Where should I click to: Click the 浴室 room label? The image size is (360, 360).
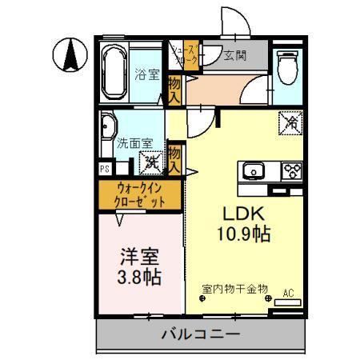(148, 75)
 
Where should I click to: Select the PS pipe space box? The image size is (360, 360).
(104, 169)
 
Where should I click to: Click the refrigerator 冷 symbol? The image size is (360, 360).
(289, 122)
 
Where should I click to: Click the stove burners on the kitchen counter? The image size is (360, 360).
(290, 171)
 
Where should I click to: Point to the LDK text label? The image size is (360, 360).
(239, 215)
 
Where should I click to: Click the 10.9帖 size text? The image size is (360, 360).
(240, 234)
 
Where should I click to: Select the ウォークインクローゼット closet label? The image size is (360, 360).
(141, 195)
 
